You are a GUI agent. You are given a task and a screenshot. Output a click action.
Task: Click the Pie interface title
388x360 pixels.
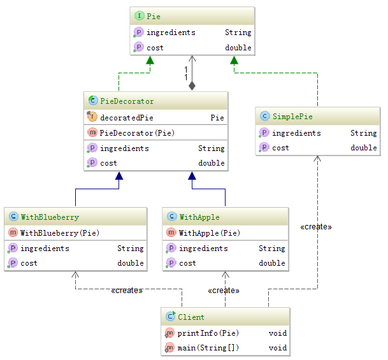pyautogui.click(x=154, y=15)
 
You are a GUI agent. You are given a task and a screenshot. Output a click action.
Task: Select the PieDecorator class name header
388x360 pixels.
pyautogui.click(x=127, y=101)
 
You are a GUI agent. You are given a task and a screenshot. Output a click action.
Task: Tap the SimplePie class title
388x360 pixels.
pyautogui.click(x=292, y=117)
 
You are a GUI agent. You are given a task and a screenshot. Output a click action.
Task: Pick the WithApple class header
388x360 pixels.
pyautogui.click(x=199, y=217)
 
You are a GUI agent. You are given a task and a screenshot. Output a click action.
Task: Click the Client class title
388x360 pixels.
pyautogui.click(x=191, y=317)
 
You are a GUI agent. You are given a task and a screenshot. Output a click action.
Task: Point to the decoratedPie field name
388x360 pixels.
pyautogui.click(x=127, y=117)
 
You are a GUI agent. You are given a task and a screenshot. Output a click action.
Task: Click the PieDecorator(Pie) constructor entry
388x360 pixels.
pyautogui.click(x=137, y=133)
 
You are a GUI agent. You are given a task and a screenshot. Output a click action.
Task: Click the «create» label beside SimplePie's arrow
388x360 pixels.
pyautogui.click(x=316, y=226)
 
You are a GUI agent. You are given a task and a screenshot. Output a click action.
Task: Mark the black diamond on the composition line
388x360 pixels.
pyautogui.click(x=192, y=85)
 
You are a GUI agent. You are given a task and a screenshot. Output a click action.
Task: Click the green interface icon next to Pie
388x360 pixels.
pyautogui.click(x=139, y=15)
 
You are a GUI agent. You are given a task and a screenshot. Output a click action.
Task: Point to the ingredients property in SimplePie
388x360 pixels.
pyautogui.click(x=296, y=133)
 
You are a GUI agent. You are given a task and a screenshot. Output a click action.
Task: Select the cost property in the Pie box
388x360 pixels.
pyautogui.click(x=155, y=48)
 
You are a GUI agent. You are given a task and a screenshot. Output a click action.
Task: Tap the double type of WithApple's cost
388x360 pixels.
pyautogui.click(x=272, y=263)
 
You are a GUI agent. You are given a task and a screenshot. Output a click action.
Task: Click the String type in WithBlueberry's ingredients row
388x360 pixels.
pyautogui.click(x=131, y=248)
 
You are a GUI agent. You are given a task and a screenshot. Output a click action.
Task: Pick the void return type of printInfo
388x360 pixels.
pyautogui.click(x=278, y=333)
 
